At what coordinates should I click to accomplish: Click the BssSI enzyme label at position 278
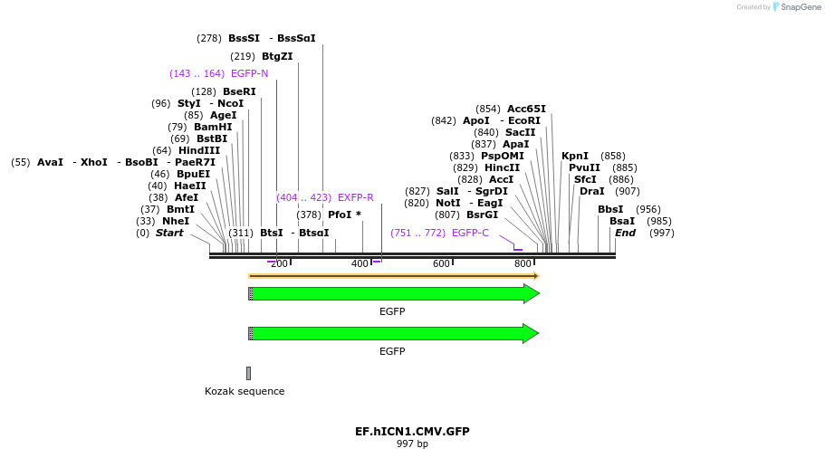point(244,38)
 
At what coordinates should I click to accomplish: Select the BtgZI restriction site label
point(277,56)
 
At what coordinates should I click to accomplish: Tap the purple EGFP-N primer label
point(249,73)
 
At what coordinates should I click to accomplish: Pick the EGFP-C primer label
point(469,233)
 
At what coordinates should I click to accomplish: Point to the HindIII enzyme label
point(198,150)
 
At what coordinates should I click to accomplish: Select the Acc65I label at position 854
point(526,109)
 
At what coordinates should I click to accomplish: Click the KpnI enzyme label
point(575,156)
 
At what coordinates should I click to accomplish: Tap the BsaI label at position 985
point(622,221)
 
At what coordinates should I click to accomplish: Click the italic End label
point(625,233)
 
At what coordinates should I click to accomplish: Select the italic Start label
point(169,233)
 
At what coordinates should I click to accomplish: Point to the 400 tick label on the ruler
point(360,263)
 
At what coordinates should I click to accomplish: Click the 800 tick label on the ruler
point(523,263)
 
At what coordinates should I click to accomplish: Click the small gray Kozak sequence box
point(248,373)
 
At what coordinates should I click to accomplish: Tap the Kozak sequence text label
point(245,391)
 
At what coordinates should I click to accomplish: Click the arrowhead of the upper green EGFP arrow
point(532,293)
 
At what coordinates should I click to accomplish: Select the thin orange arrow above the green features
point(394,276)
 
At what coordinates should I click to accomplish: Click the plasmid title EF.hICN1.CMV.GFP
point(412,432)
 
